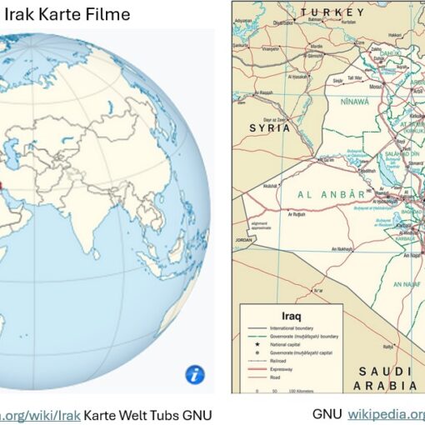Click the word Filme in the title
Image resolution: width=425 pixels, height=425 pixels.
[104, 14]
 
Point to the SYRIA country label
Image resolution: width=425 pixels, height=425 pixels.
[270, 128]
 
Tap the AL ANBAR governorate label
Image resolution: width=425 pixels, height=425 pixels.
[331, 193]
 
